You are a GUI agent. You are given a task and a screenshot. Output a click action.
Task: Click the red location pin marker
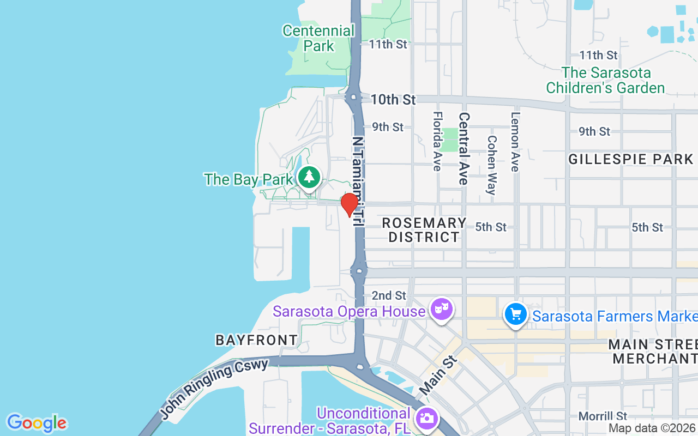pyautogui.click(x=349, y=204)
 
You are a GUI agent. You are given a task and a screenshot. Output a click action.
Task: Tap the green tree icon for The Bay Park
pyautogui.click(x=310, y=177)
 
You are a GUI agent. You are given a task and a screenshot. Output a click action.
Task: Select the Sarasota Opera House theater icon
pyautogui.click(x=440, y=310)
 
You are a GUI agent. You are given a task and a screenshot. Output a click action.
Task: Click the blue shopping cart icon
pyautogui.click(x=515, y=314)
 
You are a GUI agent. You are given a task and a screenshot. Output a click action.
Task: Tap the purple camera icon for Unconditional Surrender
pyautogui.click(x=426, y=419)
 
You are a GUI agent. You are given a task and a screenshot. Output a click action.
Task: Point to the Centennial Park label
pyautogui.click(x=318, y=38)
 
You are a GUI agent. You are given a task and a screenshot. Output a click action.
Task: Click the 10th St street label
pyautogui.click(x=393, y=100)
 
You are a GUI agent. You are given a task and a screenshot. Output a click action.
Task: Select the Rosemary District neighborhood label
pyautogui.click(x=424, y=230)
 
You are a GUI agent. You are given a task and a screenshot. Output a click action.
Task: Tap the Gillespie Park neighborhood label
pyautogui.click(x=630, y=159)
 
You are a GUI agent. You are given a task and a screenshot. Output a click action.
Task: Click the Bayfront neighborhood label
pyautogui.click(x=257, y=340)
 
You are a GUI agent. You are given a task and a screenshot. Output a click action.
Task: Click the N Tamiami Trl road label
pyautogui.click(x=358, y=181)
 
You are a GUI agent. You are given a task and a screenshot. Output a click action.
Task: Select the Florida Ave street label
pyautogui.click(x=437, y=141)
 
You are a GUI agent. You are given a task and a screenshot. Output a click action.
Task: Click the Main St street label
pyautogui.click(x=437, y=376)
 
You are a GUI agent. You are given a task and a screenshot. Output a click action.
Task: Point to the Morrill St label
pyautogui.click(x=603, y=416)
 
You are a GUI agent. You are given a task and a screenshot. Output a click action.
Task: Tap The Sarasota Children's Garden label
pyautogui.click(x=605, y=80)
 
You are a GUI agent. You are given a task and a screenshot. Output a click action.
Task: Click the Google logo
pyautogui.click(x=37, y=423)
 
